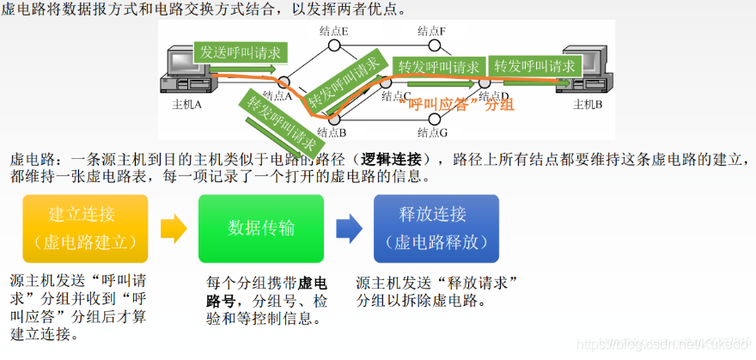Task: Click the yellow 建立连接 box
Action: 82,228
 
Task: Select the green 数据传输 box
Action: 261,228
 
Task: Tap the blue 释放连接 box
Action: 436,228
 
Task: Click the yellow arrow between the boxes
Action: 174,228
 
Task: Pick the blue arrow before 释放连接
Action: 348,228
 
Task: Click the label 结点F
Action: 431,31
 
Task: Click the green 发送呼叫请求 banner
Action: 241,52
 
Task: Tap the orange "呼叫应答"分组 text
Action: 456,104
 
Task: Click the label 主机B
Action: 588,105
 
